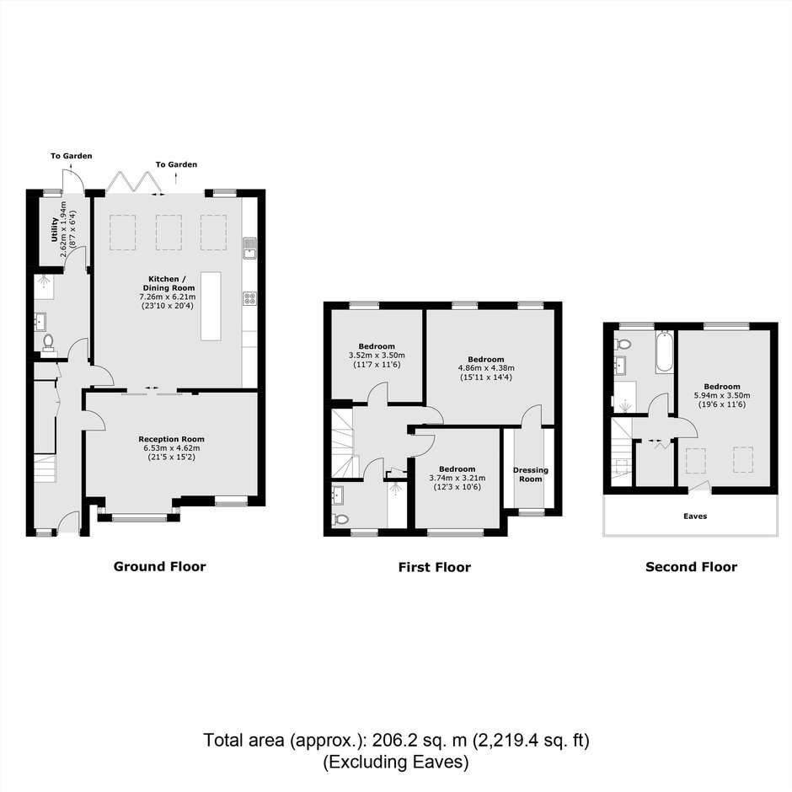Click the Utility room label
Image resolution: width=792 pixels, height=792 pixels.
tap(55, 229)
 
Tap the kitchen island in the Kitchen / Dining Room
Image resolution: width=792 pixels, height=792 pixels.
tap(211, 306)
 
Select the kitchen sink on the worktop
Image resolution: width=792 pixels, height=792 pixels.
tap(249, 247)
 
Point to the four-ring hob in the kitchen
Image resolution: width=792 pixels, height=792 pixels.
tap(249, 298)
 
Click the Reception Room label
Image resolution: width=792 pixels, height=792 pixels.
tap(171, 439)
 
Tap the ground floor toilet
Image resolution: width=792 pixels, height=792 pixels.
tap(49, 342)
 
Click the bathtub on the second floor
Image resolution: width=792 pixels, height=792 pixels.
tap(664, 351)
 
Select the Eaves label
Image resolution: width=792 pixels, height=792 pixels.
tap(695, 516)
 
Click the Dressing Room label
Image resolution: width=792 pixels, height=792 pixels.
tap(530, 474)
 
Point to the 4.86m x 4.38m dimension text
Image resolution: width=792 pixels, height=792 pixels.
tap(486, 368)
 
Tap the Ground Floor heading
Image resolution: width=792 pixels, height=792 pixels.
tap(159, 566)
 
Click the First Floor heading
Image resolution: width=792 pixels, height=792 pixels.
tap(435, 567)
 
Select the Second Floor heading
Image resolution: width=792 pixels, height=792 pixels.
tap(691, 567)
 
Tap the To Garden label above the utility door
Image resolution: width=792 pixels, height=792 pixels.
tap(72, 156)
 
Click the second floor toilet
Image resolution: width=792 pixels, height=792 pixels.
tap(623, 345)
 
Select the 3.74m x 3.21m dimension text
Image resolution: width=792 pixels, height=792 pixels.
tap(458, 478)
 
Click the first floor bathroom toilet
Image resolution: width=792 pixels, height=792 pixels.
tap(341, 519)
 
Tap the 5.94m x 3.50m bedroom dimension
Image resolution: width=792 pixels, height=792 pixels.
tap(722, 395)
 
